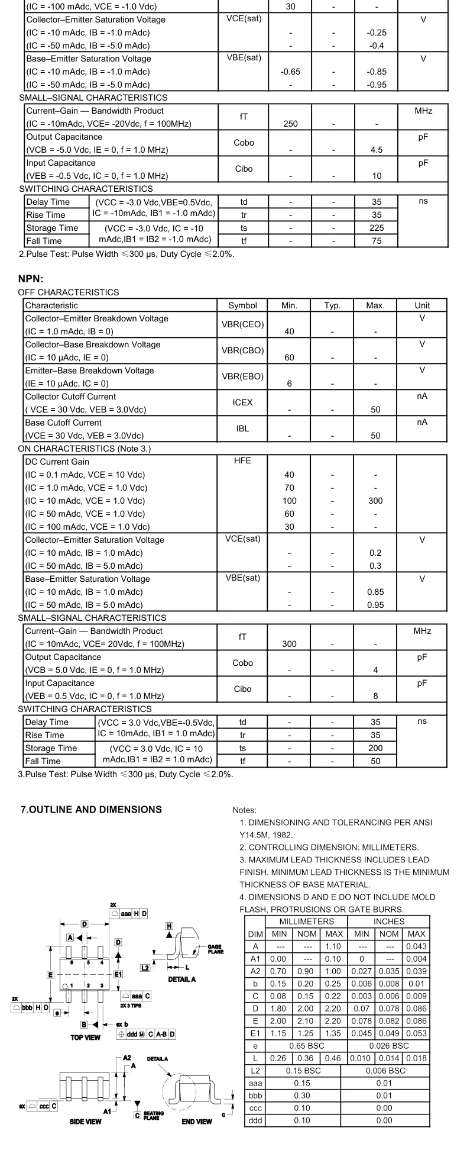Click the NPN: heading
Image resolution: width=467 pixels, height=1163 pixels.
[x=31, y=279]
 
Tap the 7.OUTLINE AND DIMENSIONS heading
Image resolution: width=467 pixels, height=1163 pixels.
[x=91, y=810]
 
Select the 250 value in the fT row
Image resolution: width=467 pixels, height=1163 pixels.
[x=290, y=124]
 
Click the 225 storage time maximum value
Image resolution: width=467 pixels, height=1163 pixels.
[x=376, y=228]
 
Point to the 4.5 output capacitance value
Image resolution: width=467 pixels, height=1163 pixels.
[x=377, y=150]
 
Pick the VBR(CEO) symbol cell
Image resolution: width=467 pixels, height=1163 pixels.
[x=242, y=324]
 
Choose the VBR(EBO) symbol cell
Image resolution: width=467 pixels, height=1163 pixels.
[x=242, y=376]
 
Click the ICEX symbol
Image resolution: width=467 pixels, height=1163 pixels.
[x=242, y=402]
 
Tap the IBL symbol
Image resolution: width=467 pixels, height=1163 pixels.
[x=242, y=429]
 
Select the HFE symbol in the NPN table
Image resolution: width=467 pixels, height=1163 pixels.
[x=242, y=461]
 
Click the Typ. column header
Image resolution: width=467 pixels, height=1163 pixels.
[x=332, y=305]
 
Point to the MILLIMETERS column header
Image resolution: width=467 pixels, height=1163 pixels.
[x=306, y=922]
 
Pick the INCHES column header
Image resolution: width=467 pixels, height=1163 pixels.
[x=388, y=922]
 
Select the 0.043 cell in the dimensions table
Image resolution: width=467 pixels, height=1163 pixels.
[x=416, y=946]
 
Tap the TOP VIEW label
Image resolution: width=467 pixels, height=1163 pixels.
[x=86, y=1038]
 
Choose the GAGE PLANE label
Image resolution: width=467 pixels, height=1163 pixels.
[x=215, y=949]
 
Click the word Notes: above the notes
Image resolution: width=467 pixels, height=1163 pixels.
[x=245, y=810]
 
